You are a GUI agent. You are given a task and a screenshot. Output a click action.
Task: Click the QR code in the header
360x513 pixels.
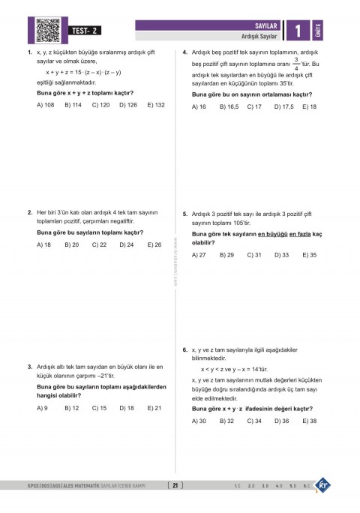(x=49, y=29)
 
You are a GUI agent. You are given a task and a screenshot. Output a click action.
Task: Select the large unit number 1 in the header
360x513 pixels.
(x=298, y=31)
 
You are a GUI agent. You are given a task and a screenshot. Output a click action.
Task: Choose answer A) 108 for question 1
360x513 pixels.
(x=46, y=105)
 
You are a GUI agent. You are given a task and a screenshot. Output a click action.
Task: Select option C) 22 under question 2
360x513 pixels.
(x=99, y=244)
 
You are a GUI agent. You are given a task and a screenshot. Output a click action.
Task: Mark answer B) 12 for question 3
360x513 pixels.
(x=72, y=408)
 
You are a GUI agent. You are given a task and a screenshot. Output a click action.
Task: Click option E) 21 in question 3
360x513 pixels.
(x=154, y=408)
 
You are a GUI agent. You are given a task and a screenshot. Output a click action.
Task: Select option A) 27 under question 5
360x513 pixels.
(x=199, y=255)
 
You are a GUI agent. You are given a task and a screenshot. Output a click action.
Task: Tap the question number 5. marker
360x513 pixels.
(x=185, y=214)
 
